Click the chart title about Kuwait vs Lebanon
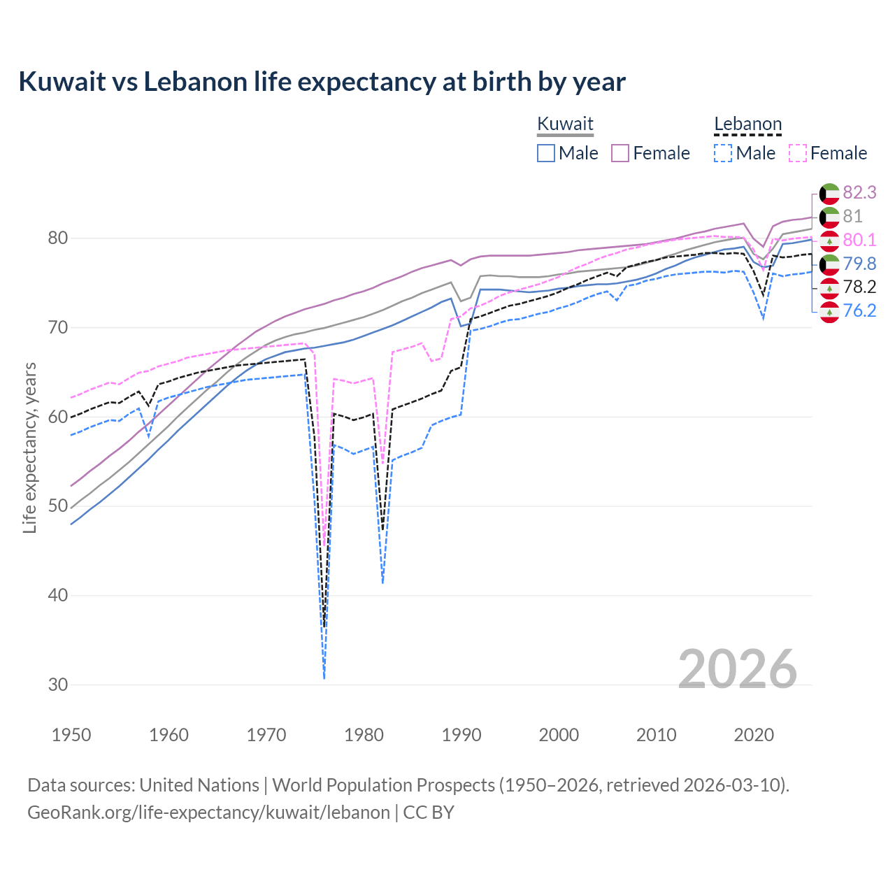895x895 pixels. [x=322, y=82]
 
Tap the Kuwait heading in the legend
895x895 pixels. [x=565, y=124]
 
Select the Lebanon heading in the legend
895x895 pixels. [x=747, y=124]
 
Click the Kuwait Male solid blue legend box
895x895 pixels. [x=546, y=153]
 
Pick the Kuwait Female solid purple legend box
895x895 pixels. [x=620, y=153]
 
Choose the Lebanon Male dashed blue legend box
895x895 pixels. [x=723, y=153]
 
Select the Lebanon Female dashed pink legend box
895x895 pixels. [x=798, y=153]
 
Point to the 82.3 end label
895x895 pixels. [x=859, y=192]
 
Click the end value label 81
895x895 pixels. [x=852, y=216]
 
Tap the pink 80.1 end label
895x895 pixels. [x=859, y=240]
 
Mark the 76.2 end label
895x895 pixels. [x=859, y=310]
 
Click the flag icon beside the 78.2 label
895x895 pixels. [x=829, y=287]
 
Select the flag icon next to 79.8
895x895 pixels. [x=829, y=264]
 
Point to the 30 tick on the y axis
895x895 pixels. [x=58, y=685]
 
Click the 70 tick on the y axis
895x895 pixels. [x=58, y=327]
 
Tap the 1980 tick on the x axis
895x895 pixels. [x=364, y=735]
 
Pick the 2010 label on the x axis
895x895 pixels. [x=656, y=735]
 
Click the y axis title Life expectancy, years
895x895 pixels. [x=29, y=447]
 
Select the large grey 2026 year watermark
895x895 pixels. [x=737, y=669]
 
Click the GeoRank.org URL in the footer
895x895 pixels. [x=208, y=812]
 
